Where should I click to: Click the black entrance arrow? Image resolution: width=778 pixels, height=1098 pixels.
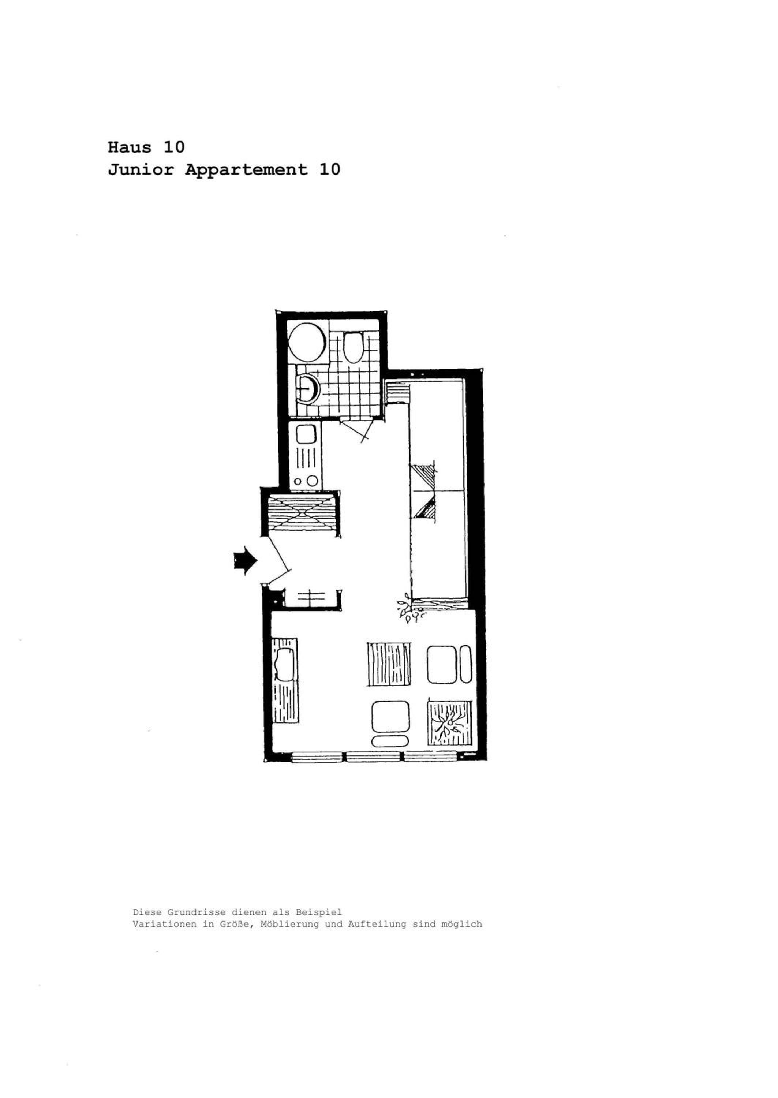pos(245,560)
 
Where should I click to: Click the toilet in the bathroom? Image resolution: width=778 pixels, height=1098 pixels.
pos(354,347)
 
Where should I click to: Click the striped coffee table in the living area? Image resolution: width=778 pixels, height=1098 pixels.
pos(389,664)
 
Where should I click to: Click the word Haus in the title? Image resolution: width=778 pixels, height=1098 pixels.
pos(129,147)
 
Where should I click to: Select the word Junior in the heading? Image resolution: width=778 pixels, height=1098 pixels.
pos(141,169)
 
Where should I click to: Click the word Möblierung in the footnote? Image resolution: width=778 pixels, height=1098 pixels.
pos(290,924)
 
